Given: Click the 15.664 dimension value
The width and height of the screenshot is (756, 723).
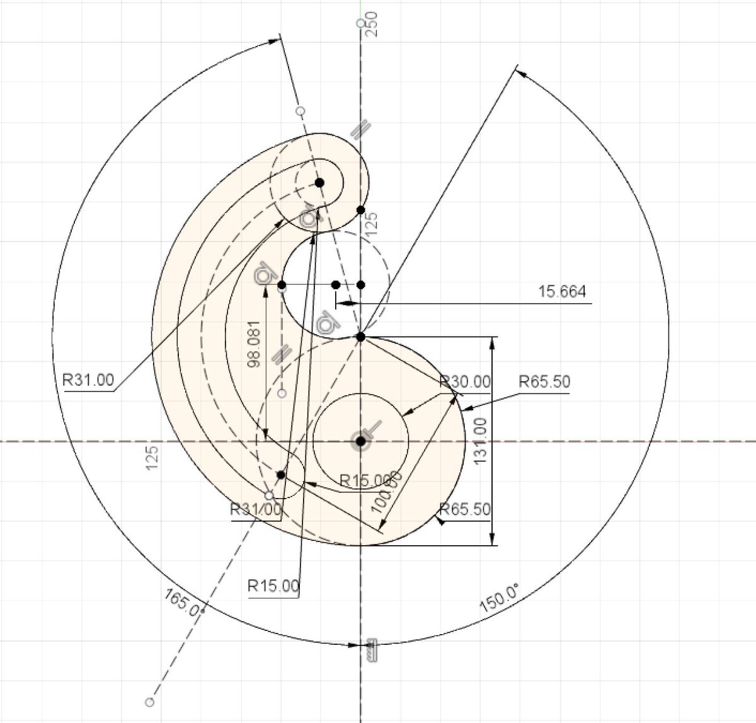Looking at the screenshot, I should (562, 292).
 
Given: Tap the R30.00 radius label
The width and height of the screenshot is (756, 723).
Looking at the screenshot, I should (466, 381).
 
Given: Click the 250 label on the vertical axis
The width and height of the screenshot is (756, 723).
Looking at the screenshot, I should (372, 24).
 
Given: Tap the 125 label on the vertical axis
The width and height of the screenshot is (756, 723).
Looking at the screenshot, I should (372, 224).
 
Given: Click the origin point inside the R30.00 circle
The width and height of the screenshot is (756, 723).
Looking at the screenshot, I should (360, 441).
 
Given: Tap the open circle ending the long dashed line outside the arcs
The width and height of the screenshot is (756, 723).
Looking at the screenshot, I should (149, 701).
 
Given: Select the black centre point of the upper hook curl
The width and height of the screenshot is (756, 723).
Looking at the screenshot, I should (319, 182).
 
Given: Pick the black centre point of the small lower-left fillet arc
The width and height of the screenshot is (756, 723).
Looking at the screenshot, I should (281, 474).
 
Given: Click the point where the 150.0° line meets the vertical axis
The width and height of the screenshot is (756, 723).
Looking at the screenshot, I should (361, 337).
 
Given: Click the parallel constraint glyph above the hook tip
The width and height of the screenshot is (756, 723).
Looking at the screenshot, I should (359, 130).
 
